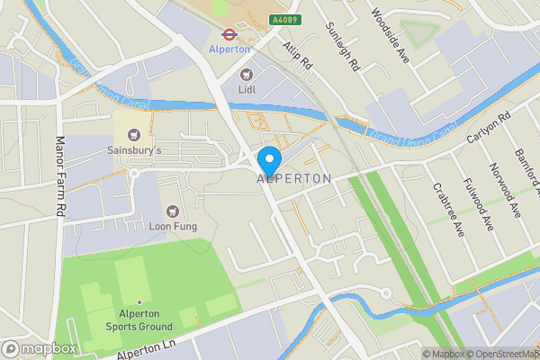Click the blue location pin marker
(x=269, y=160)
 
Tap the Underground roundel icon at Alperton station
(x=229, y=35)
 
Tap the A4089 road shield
(x=283, y=19)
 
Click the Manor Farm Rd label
(x=61, y=175)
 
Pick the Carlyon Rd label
(x=489, y=130)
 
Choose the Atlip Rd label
(x=295, y=56)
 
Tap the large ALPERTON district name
(x=294, y=179)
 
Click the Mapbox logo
(x=40, y=348)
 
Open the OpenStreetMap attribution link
(x=498, y=354)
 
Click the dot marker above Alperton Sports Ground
(x=139, y=301)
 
